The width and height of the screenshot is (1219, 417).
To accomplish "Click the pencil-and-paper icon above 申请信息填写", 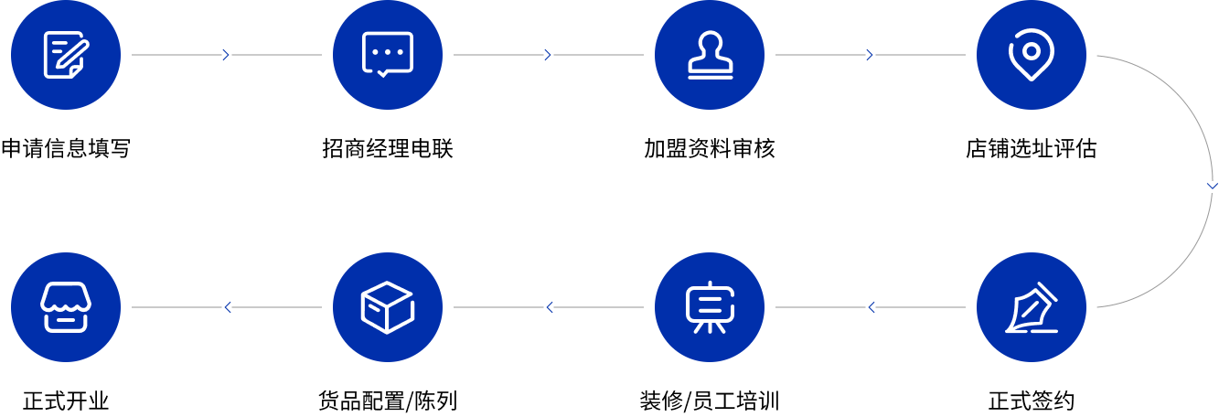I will pos(66,55).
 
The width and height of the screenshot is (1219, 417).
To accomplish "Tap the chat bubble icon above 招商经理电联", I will pos(388,55).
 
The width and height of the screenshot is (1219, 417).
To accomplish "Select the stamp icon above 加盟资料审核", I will pos(710,55).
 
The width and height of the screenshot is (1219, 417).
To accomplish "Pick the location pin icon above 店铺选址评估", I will pos(1031,55).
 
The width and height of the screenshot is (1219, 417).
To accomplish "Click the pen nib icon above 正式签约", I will pos(1031,307).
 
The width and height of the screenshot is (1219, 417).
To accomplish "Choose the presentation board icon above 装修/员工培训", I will pos(710,307).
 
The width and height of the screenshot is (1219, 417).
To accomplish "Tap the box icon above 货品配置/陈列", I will pos(388,307).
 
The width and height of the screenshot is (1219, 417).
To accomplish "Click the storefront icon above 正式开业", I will pos(66,307).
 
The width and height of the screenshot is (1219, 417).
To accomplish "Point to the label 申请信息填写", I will pos(66,148).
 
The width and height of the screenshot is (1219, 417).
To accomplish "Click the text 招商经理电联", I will pos(388,148).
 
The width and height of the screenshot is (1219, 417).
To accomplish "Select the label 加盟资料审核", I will pos(710,148).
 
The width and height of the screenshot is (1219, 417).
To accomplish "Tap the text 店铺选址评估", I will pos(1031,148).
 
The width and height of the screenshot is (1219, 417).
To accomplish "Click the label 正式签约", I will pos(1031,401).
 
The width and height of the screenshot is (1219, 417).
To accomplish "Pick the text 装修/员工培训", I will pos(710,401).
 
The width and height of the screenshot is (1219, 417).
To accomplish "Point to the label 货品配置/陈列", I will pos(388,401).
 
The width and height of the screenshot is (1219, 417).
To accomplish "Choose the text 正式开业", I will pos(66,401).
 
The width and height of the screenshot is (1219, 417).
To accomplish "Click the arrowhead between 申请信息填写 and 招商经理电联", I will pos(227,55).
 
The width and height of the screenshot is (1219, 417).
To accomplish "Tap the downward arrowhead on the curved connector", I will pos(1212,186).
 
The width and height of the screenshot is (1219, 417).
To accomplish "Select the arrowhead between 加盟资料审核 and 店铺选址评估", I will pos(871,55).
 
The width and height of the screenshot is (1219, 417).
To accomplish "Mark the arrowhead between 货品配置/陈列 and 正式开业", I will pos(227,307).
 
